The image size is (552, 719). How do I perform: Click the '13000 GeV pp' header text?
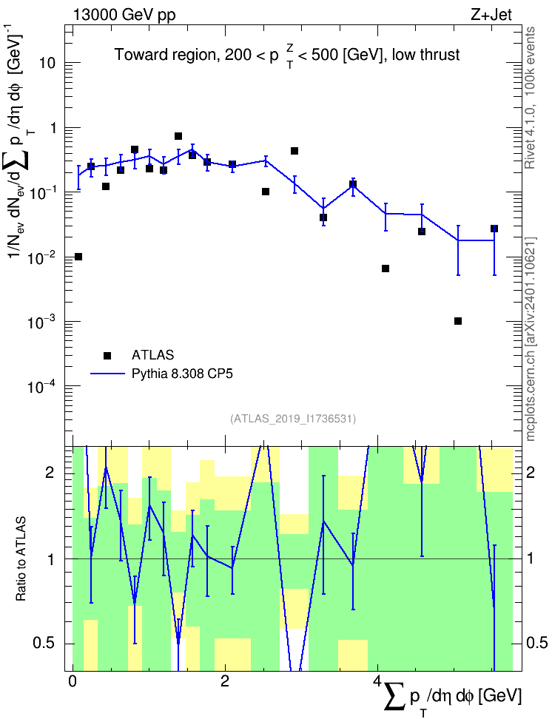pyautogui.click(x=124, y=15)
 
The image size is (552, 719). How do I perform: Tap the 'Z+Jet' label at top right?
pyautogui.click(x=491, y=15)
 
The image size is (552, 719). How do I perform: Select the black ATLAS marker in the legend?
pyautogui.click(x=107, y=355)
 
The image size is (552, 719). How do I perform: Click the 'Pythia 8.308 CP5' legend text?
pyautogui.click(x=182, y=374)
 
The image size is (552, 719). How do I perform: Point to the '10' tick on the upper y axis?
pyautogui.click(x=47, y=63)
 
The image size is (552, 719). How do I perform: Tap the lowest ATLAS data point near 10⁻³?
pyautogui.click(x=457, y=321)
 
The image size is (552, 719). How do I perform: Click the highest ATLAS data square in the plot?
pyautogui.click(x=178, y=136)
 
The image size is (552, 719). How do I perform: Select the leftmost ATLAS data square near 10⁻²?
pyautogui.click(x=78, y=257)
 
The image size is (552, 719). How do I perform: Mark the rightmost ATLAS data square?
pyautogui.click(x=494, y=229)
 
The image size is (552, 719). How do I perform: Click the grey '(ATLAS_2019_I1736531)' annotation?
pyautogui.click(x=293, y=419)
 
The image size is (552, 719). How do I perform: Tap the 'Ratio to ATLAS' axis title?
pyautogui.click(x=21, y=559)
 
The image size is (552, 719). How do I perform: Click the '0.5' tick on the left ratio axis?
pyautogui.click(x=44, y=644)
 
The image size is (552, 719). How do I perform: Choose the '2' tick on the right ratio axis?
pyautogui.click(x=531, y=473)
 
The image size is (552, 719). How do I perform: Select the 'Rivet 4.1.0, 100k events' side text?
pyautogui.click(x=531, y=98)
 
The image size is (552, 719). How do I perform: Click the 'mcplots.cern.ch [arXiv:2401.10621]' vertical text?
pyautogui.click(x=531, y=339)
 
